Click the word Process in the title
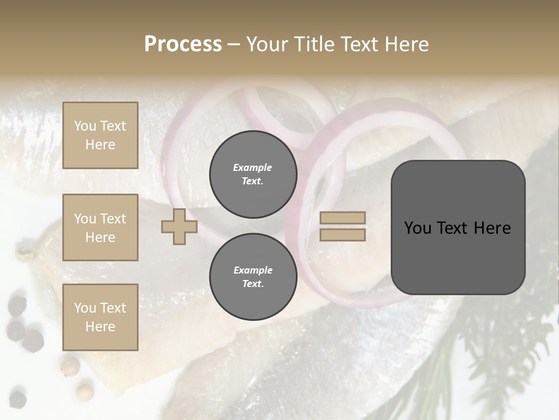[x=183, y=44]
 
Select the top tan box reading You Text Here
[x=100, y=135]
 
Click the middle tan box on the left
[x=100, y=228]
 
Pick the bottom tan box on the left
[x=100, y=317]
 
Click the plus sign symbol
[x=179, y=226]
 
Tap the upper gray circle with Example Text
[x=253, y=174]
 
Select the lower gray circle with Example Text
[x=253, y=277]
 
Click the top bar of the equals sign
[x=342, y=218]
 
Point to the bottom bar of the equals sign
[x=342, y=235]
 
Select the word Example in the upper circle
[x=253, y=167]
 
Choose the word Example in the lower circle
[x=253, y=270]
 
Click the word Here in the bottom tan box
[x=100, y=327]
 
